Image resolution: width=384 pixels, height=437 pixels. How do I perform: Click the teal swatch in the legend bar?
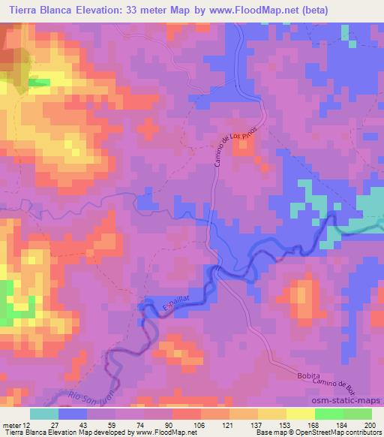(44, 414)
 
